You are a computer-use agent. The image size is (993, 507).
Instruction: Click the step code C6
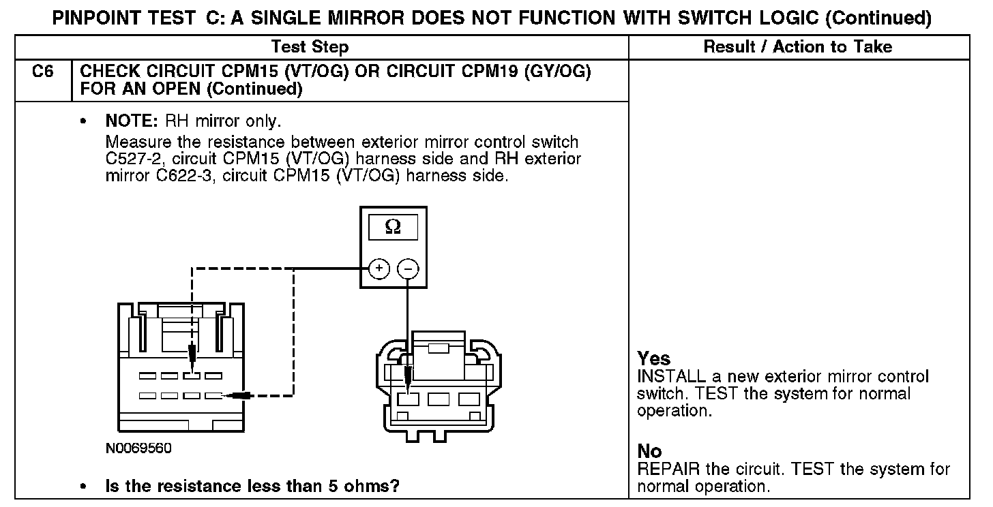pyautogui.click(x=42, y=72)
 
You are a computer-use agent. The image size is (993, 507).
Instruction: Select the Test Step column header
pyautogui.click(x=310, y=47)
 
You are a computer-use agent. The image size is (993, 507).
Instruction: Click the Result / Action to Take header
pyautogui.click(x=797, y=47)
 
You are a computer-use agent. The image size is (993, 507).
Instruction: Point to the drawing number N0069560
pyautogui.click(x=138, y=449)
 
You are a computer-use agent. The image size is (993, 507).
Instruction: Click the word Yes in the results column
pyautogui.click(x=654, y=358)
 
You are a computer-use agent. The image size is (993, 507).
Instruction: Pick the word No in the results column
pyautogui.click(x=649, y=451)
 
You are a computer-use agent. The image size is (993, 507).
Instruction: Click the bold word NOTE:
pyautogui.click(x=132, y=121)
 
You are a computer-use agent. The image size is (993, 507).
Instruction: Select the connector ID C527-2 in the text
pyautogui.click(x=130, y=159)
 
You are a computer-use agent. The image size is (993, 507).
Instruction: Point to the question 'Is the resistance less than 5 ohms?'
pyautogui.click(x=252, y=487)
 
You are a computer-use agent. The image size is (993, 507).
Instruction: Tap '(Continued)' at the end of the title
pyautogui.click(x=878, y=18)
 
